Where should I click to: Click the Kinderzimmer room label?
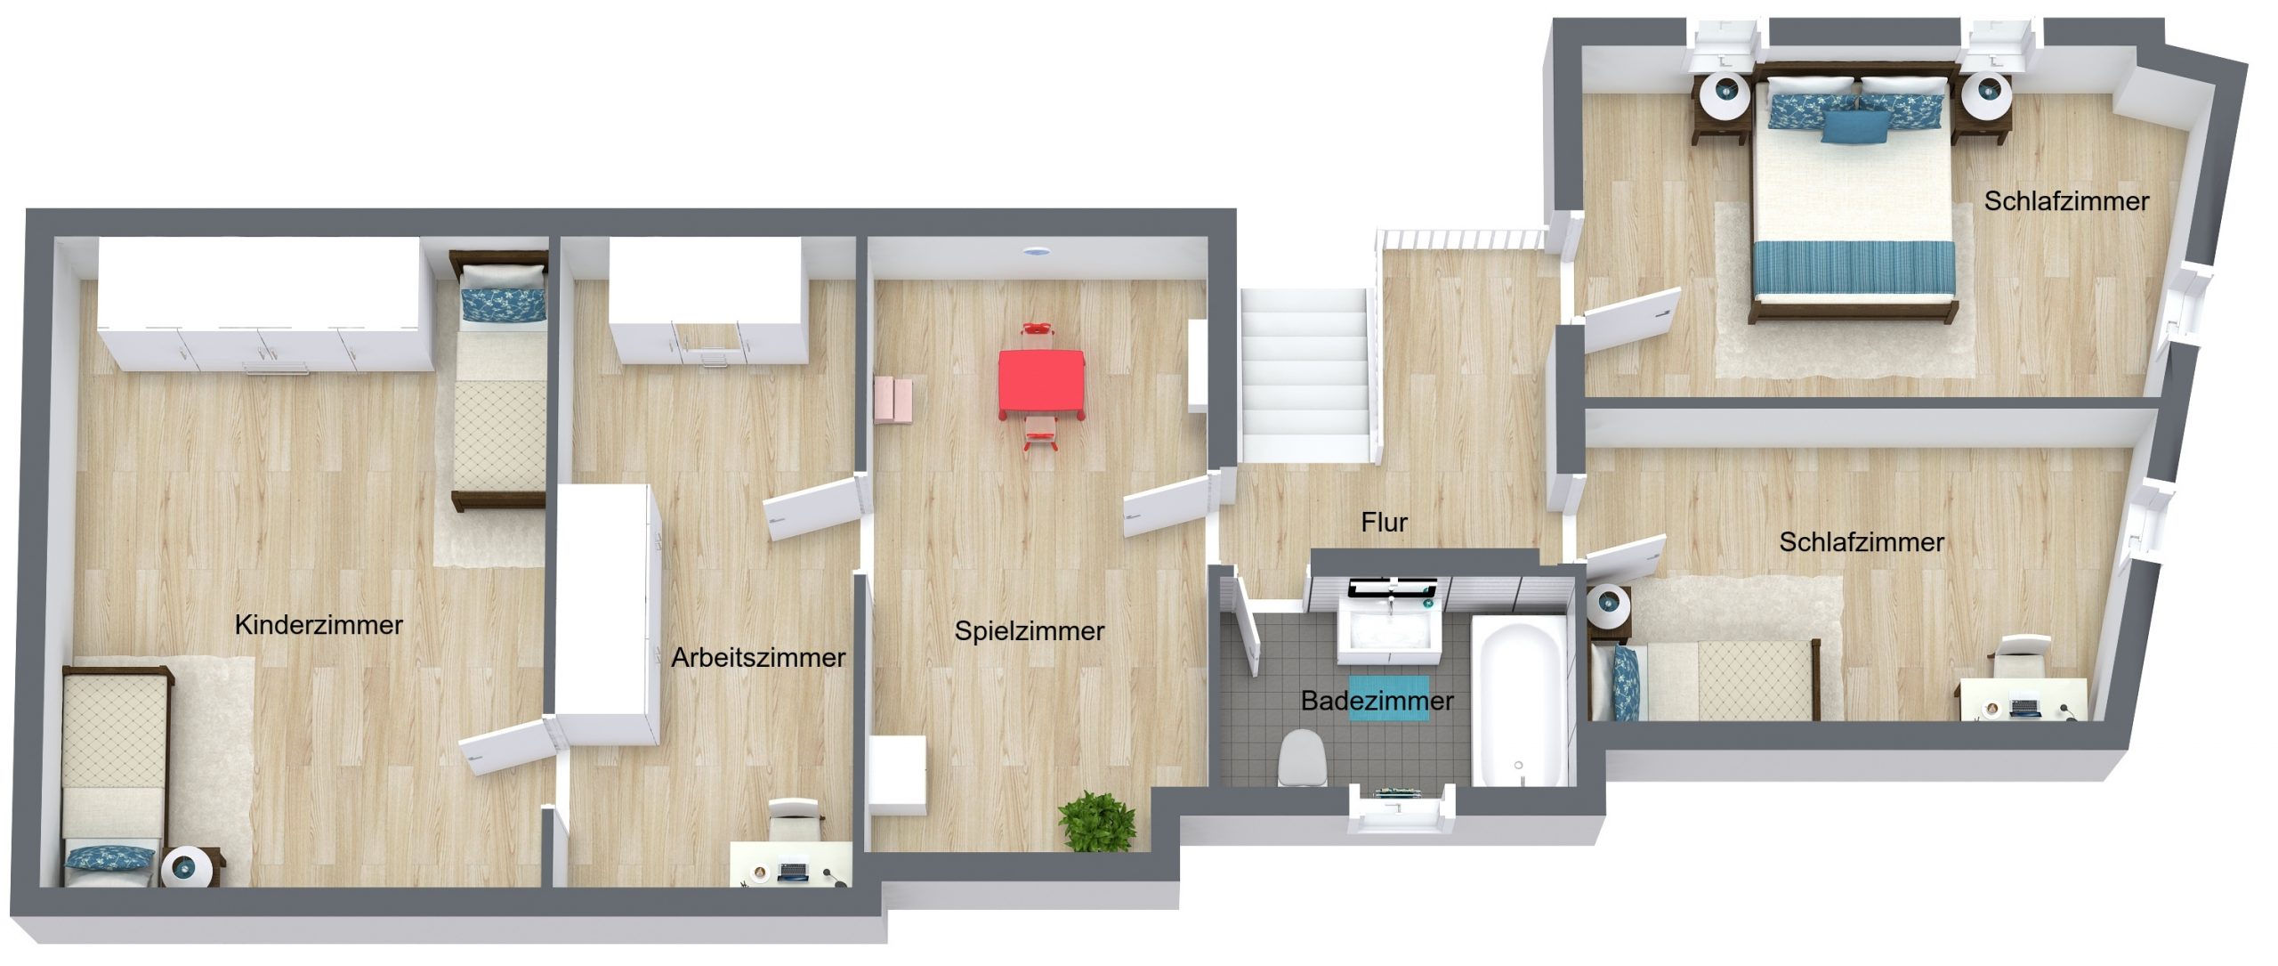click(319, 625)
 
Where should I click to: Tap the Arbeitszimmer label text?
click(758, 658)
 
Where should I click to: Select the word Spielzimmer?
click(1030, 631)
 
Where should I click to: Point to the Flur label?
click(1384, 523)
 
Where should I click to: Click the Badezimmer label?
click(1377, 702)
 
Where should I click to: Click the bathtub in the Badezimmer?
click(1519, 702)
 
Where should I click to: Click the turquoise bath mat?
click(1389, 697)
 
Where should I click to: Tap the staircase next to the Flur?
click(1305, 374)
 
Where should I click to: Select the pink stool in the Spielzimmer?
click(893, 400)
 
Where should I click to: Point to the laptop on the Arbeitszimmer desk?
click(793, 870)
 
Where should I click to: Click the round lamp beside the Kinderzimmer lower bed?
click(188, 867)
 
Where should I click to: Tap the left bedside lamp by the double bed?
click(1727, 93)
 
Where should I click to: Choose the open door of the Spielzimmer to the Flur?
click(1166, 506)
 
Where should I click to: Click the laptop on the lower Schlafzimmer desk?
click(2025, 708)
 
